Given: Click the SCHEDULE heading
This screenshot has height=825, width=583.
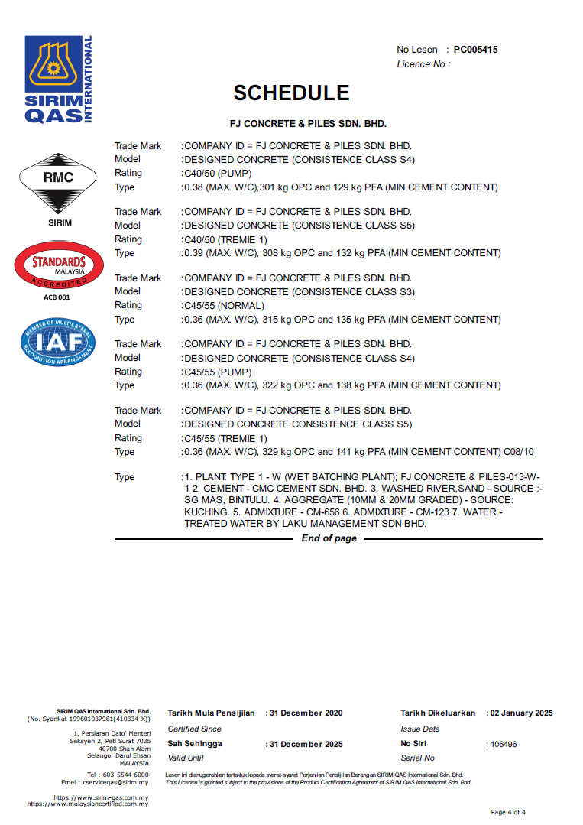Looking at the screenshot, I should coord(291,93).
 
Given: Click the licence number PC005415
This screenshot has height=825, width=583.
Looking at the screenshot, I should coord(475,50).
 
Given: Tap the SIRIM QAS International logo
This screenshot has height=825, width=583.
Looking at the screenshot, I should coord(58,80).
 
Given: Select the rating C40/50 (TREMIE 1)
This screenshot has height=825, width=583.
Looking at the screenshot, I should coord(225,239).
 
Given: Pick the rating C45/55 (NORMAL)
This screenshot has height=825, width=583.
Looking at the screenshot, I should coord(224,305).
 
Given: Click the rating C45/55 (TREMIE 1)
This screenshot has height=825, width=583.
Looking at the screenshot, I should coord(225,438).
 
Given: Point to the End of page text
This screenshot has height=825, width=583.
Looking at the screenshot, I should coord(329,538).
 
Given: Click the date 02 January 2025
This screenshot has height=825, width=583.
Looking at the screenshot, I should coord(521,713).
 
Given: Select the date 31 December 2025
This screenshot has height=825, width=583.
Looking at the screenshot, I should coord(306,744).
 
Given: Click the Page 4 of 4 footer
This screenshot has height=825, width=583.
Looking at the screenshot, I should coord(507,812).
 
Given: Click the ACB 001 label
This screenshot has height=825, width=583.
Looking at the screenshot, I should coord(57,297).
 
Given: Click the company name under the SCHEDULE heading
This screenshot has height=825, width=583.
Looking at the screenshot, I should coord(308,122).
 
